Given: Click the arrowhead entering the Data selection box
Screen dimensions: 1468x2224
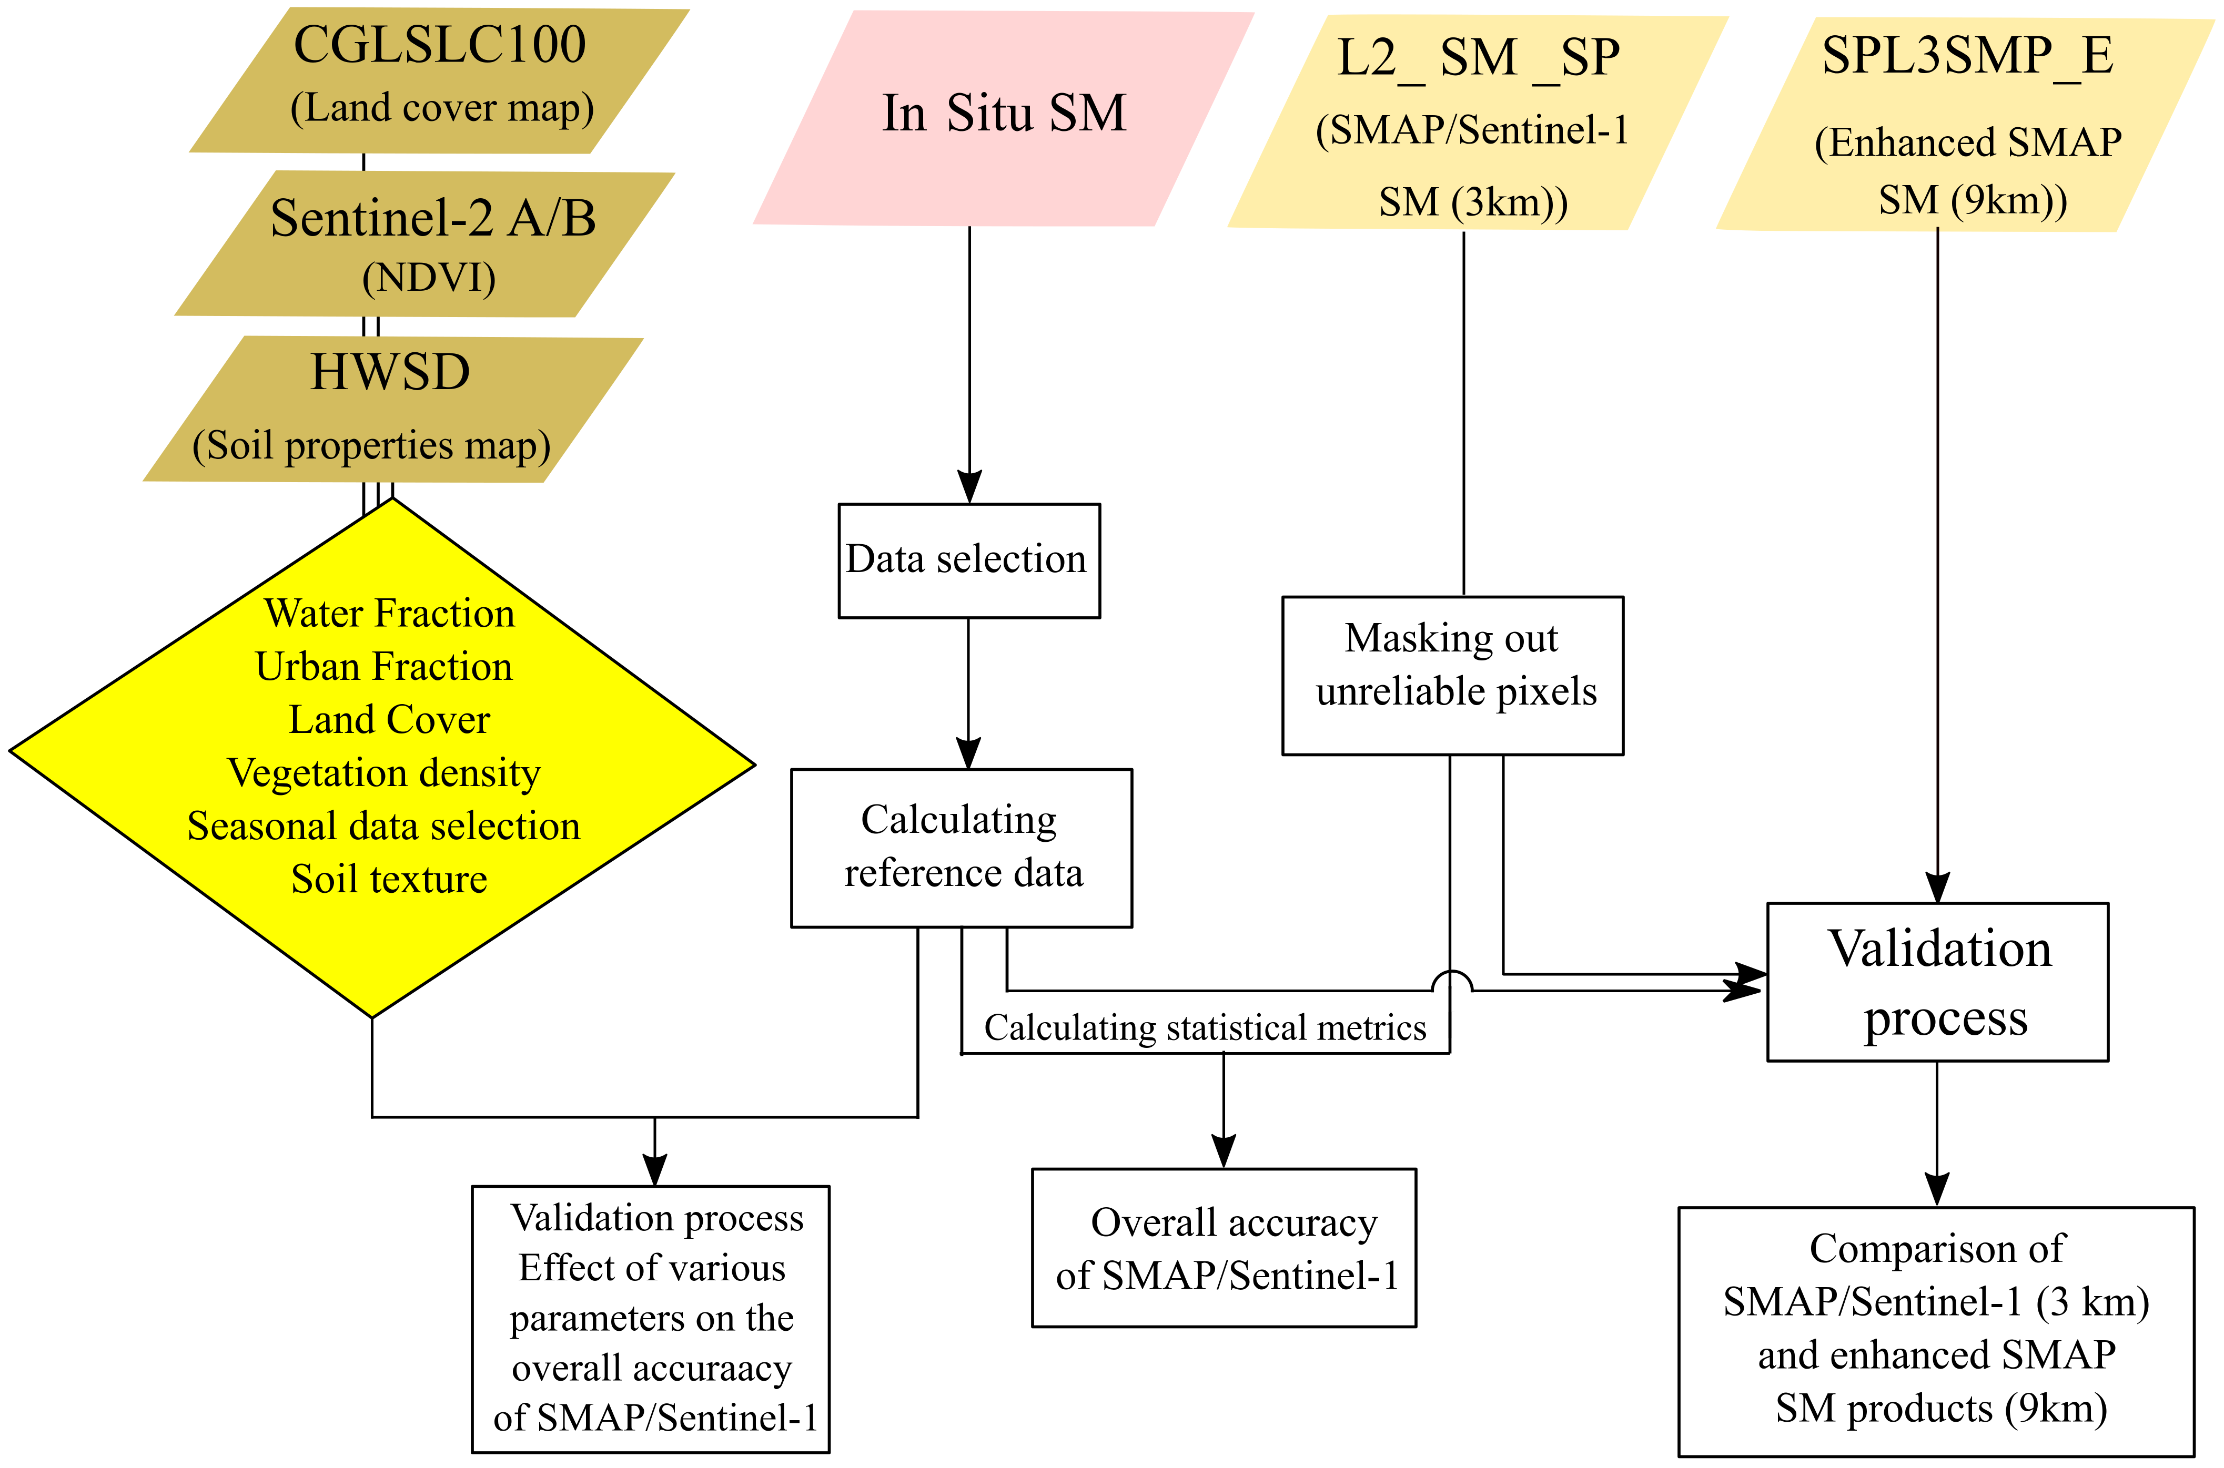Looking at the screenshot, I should [969, 487].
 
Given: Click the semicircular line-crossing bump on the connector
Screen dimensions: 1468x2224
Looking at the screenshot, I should [1451, 981].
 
